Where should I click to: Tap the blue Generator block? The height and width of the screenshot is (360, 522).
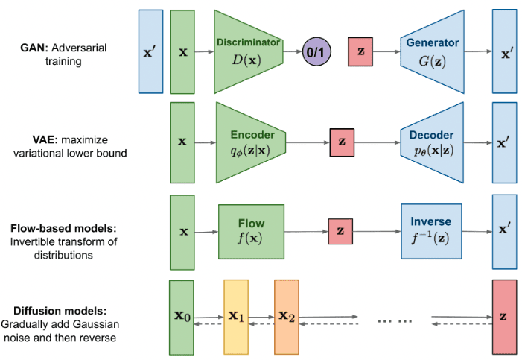click(433, 51)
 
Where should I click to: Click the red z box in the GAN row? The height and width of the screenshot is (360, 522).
click(360, 51)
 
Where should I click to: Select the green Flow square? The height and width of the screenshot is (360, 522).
click(251, 230)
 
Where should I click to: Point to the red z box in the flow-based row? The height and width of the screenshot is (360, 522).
click(340, 231)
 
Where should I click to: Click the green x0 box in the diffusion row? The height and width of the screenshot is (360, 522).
click(182, 316)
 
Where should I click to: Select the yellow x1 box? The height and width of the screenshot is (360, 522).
click(236, 316)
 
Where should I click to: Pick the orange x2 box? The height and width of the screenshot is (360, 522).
click(286, 316)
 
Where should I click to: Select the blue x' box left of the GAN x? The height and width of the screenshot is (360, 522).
click(150, 51)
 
